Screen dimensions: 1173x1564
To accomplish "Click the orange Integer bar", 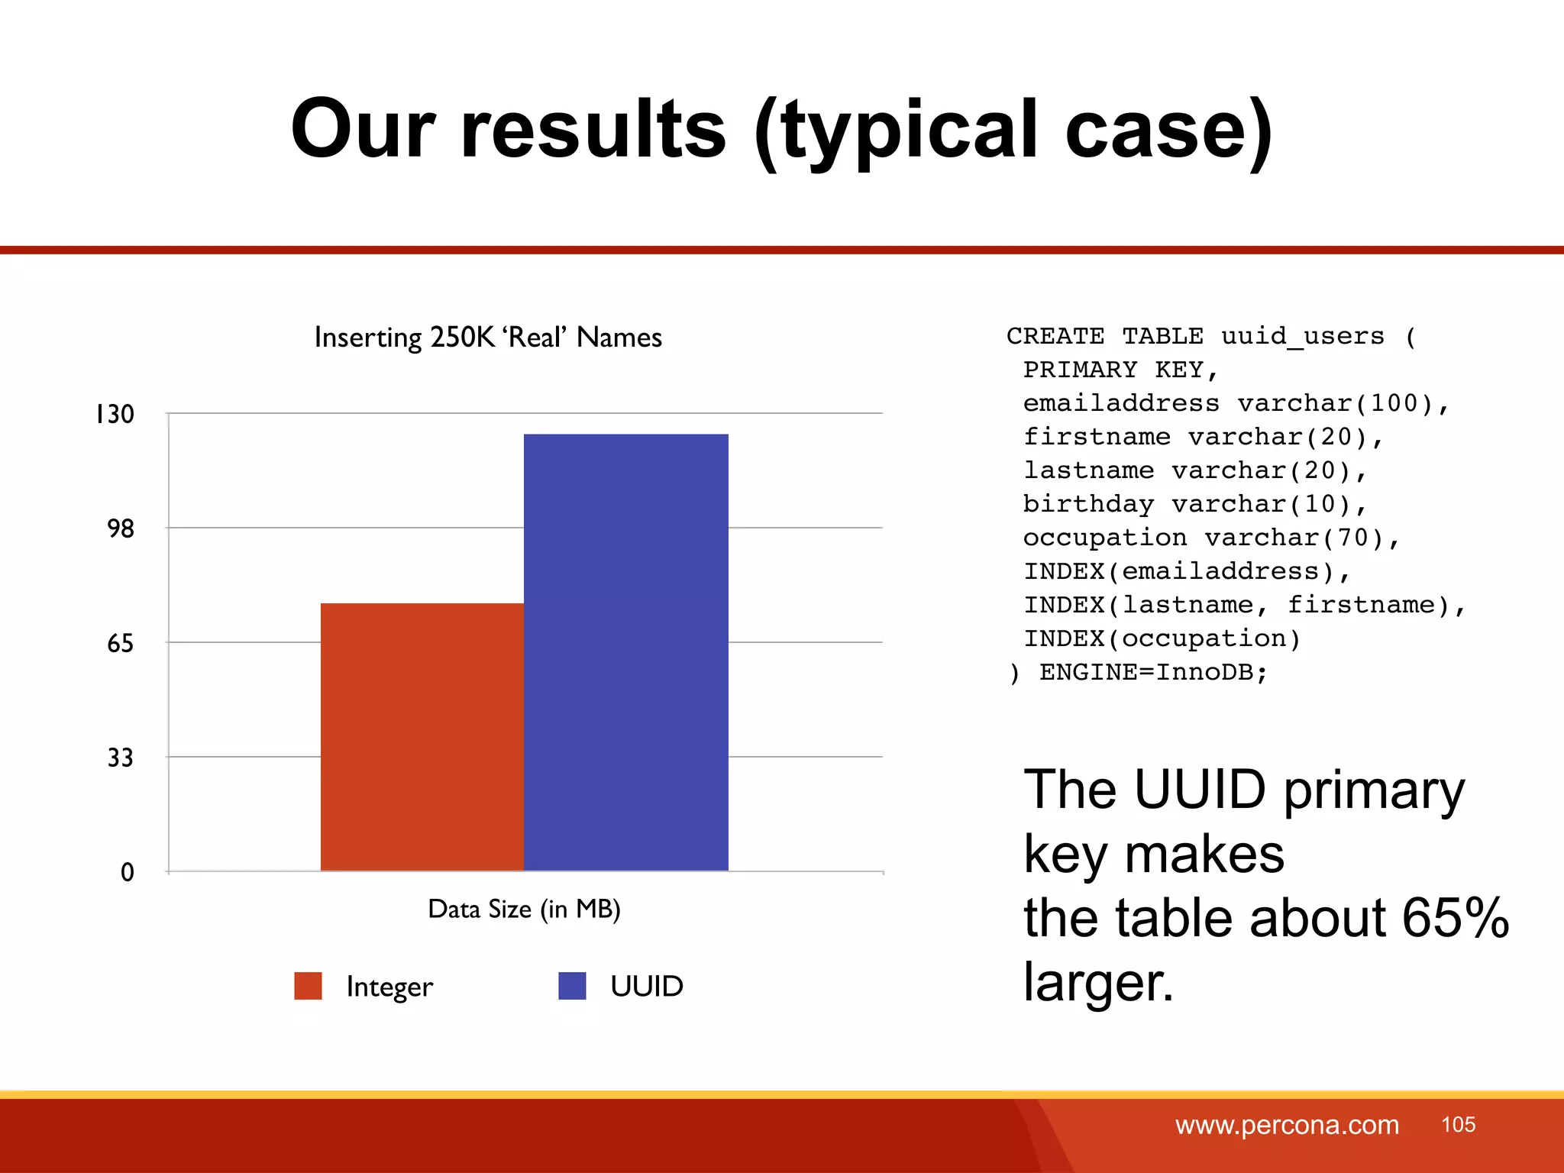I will coord(422,736).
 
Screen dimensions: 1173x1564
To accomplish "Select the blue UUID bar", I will coord(625,652).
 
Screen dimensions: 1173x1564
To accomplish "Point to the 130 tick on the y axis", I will coord(115,414).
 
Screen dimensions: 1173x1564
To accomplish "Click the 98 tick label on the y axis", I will coord(121,528).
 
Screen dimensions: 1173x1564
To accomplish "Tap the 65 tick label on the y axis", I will coord(121,643).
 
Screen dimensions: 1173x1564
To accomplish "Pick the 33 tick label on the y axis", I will coord(121,758).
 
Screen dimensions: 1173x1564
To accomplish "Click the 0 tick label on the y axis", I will coord(127,872).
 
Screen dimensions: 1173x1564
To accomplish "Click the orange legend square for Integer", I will coord(308,985).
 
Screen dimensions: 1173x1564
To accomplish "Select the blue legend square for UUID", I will coord(572,985).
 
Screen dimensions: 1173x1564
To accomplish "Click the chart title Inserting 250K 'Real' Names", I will coord(488,338).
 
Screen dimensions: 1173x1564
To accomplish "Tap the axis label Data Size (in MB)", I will coord(524,909).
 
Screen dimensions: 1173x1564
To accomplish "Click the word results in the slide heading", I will coord(593,130).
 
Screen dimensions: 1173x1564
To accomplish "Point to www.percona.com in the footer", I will coord(1287,1125).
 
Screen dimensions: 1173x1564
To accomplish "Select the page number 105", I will coord(1458,1124).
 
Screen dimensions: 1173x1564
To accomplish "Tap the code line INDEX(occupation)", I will coord(1162,638).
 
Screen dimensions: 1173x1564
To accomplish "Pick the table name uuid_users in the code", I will coord(1302,336).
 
